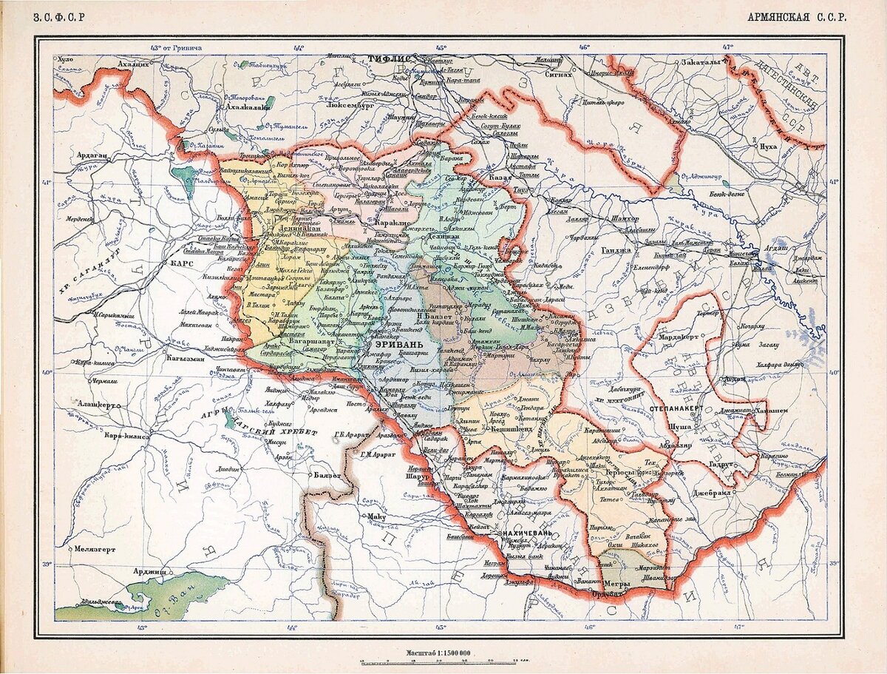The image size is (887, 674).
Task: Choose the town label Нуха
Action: (768, 146)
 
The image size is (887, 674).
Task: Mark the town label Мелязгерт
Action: (93, 549)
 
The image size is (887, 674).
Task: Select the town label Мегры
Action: (618, 584)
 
